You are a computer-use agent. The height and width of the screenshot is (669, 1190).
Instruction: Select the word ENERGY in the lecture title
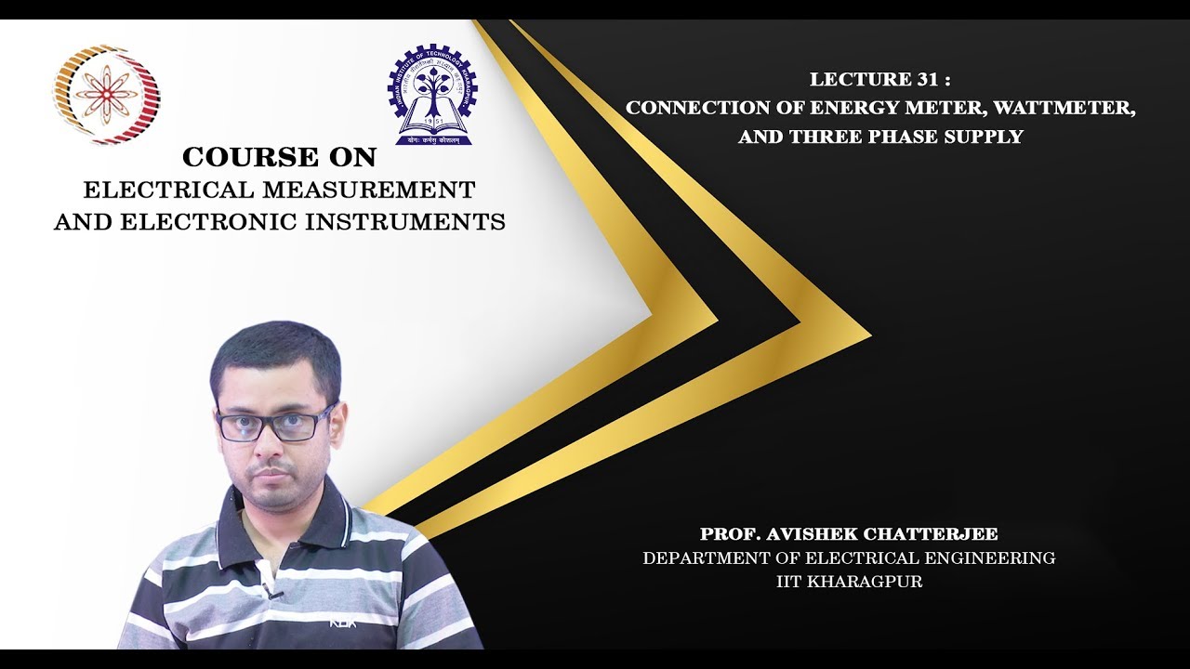point(819,108)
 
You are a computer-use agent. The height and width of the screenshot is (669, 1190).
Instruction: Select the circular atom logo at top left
point(105,94)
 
